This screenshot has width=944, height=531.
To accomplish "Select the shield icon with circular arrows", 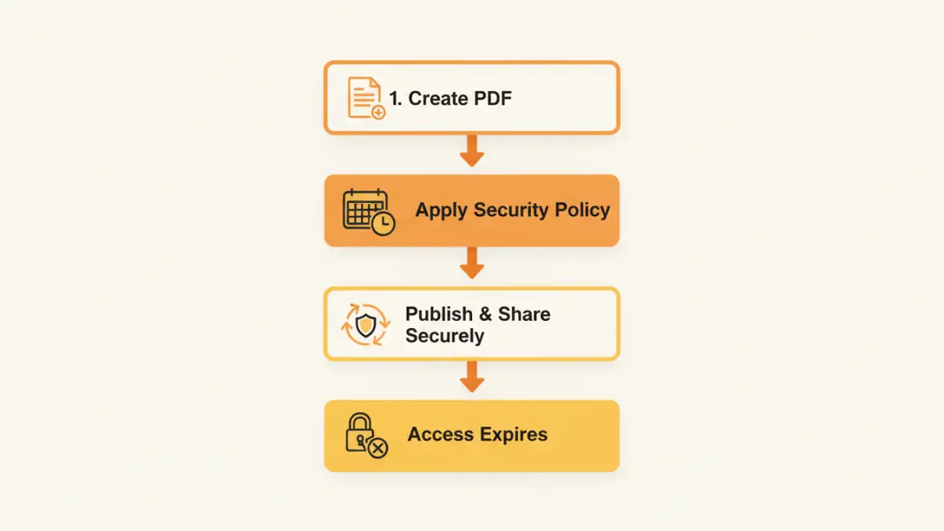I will click(x=366, y=324).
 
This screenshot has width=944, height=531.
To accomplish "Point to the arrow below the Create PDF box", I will click(x=471, y=150).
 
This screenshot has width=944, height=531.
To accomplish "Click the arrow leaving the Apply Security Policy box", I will click(x=471, y=263).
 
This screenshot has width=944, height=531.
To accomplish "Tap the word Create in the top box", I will click(x=438, y=98).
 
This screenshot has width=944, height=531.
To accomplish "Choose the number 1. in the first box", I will click(x=396, y=98).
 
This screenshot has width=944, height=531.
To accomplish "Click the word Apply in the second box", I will click(x=441, y=210).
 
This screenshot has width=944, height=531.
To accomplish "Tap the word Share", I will click(x=524, y=314).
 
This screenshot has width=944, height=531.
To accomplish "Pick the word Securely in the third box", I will click(x=444, y=336).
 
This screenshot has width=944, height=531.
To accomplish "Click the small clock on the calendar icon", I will click(x=383, y=224).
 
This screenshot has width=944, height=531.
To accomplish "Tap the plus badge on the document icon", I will click(x=378, y=112).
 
